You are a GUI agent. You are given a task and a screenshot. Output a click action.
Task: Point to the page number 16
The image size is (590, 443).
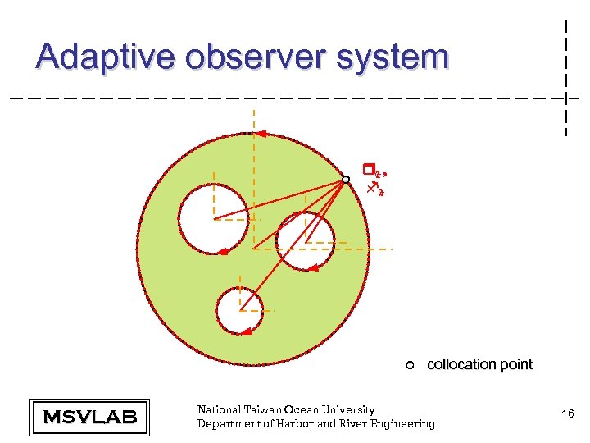click(567, 416)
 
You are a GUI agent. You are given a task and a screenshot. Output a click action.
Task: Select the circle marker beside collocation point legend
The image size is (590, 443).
click(410, 365)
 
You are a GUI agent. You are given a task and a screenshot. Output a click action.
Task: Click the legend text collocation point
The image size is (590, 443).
click(479, 364)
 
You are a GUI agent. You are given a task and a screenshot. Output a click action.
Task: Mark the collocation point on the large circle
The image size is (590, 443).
click(346, 179)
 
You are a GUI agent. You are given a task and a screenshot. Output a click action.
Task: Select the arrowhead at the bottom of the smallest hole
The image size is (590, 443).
click(245, 331)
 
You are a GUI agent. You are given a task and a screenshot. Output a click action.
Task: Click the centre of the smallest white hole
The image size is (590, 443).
click(239, 310)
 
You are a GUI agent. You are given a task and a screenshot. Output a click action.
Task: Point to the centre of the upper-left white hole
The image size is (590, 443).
click(213, 219)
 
